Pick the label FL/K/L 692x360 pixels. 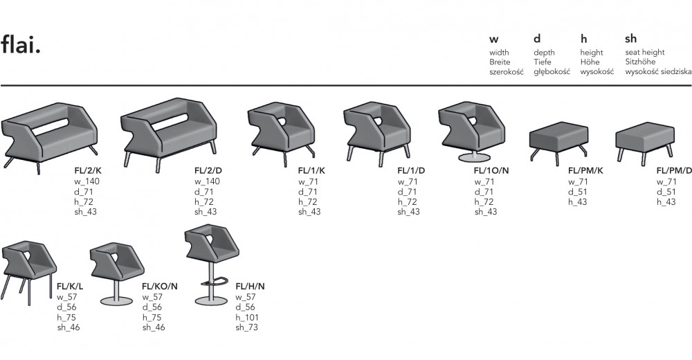tap(70, 285)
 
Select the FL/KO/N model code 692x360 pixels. tap(160, 285)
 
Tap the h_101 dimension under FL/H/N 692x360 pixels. tap(248, 317)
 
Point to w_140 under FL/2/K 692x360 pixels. tap(87, 181)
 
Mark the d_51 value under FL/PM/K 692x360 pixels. tap(578, 191)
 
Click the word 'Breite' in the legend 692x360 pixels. tap(500, 62)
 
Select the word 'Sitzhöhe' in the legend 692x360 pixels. tap(640, 62)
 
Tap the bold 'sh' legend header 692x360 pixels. tap(630, 39)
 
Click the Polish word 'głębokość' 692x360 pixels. tap(552, 72)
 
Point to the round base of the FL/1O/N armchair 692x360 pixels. tap(474, 159)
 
